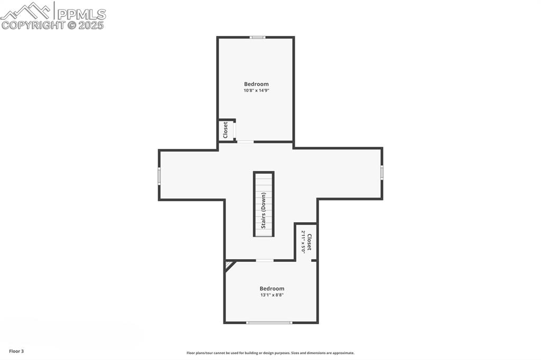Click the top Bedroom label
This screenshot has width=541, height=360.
click(256, 84)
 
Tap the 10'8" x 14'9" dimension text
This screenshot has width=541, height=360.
click(256, 91)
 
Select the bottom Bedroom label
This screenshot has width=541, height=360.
click(272, 289)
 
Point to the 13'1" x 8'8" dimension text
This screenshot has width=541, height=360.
click(272, 295)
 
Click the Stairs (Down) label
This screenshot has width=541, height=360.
click(264, 210)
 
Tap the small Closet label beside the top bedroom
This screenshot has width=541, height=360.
click(225, 130)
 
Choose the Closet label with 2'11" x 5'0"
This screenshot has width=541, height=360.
click(310, 242)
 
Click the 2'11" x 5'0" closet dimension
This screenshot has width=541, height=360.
click(303, 242)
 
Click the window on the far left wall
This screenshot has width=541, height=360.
click(160, 176)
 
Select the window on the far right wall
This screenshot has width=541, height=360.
click(382, 172)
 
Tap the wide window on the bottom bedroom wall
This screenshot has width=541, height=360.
click(269, 323)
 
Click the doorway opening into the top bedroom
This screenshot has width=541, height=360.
click(245, 141)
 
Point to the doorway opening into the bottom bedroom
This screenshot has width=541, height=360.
click(265, 260)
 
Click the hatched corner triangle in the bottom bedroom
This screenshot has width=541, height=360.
click(228, 265)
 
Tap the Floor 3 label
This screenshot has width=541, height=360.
click(16, 352)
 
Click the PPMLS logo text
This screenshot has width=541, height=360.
click(81, 14)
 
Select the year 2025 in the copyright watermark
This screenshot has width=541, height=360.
click(91, 25)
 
